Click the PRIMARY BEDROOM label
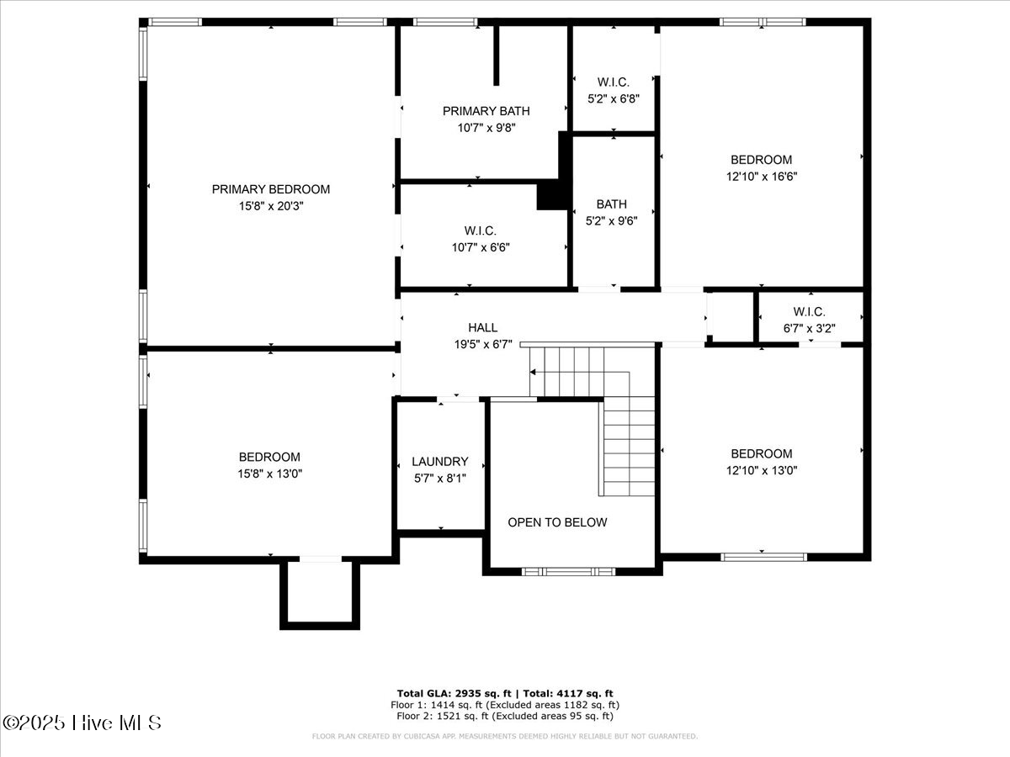coord(270,189)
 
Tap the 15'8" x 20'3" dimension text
coord(270,205)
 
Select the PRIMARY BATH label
coord(486,111)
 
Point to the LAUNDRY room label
coord(439,462)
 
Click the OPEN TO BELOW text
coord(556,522)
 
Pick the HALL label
coord(482,327)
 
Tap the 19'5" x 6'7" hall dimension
coord(482,344)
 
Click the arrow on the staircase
coord(534,372)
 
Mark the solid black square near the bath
coord(553,195)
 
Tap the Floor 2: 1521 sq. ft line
coord(505,716)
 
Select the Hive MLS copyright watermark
coord(82,723)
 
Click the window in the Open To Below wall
coord(569,572)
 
